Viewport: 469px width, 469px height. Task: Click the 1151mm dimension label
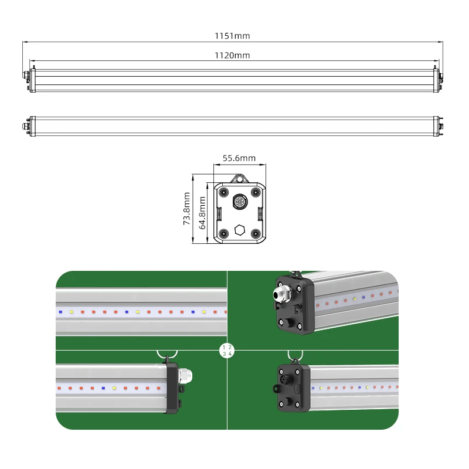232,36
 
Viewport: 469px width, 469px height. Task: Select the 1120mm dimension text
232,55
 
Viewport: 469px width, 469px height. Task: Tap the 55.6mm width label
239,158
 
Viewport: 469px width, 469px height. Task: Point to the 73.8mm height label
186,209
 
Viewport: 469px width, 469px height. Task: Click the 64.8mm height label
202,212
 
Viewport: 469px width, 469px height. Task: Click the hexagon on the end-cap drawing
239,229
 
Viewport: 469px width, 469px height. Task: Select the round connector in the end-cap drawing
239,201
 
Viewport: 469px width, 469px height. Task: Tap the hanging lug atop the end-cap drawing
239,178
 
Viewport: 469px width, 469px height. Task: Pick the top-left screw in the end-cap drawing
223,192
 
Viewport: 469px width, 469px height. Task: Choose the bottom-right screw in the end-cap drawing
256,233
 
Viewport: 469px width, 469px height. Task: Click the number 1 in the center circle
224,348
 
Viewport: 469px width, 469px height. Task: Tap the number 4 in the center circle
230,354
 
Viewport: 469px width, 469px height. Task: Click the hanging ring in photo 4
295,355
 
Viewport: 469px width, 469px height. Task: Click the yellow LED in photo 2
355,300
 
